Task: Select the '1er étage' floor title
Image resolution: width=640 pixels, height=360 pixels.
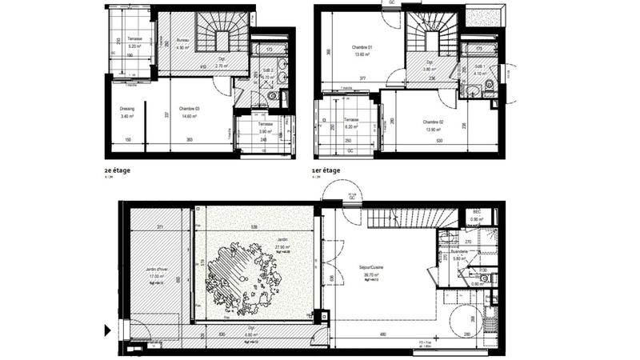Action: pyautogui.click(x=326, y=170)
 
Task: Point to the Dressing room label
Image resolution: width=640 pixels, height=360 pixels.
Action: pyautogui.click(x=126, y=109)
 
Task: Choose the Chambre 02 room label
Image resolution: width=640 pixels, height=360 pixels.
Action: pyautogui.click(x=434, y=122)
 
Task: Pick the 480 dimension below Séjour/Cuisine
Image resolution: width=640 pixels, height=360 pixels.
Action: pyautogui.click(x=382, y=334)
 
